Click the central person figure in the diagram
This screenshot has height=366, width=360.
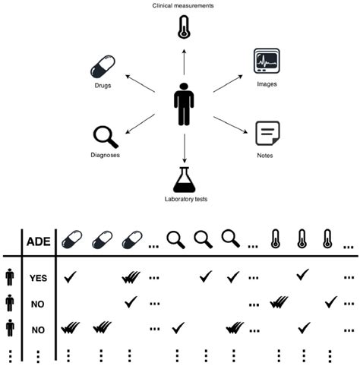(183, 105)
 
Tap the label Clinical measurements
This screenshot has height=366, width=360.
(183, 5)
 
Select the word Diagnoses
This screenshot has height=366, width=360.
(104, 155)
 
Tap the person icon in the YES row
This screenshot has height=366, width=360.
(9, 277)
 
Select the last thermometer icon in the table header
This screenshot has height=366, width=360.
(327, 239)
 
